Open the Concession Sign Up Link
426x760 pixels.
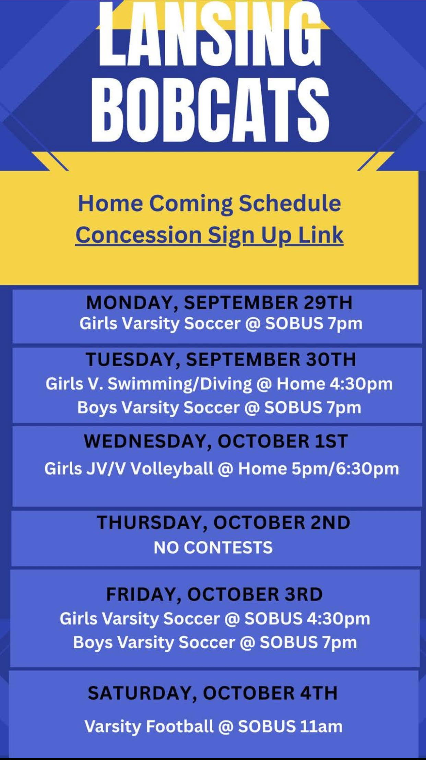click(209, 236)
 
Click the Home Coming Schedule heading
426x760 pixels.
click(210, 204)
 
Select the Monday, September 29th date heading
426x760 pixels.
click(219, 303)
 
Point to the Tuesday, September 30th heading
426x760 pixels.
click(221, 359)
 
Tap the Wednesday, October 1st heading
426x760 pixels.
click(216, 441)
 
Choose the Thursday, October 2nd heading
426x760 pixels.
click(224, 523)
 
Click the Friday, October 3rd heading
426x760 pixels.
click(214, 594)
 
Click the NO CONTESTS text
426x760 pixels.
click(213, 547)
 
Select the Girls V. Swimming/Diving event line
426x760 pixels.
click(219, 384)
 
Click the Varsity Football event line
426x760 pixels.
click(213, 726)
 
